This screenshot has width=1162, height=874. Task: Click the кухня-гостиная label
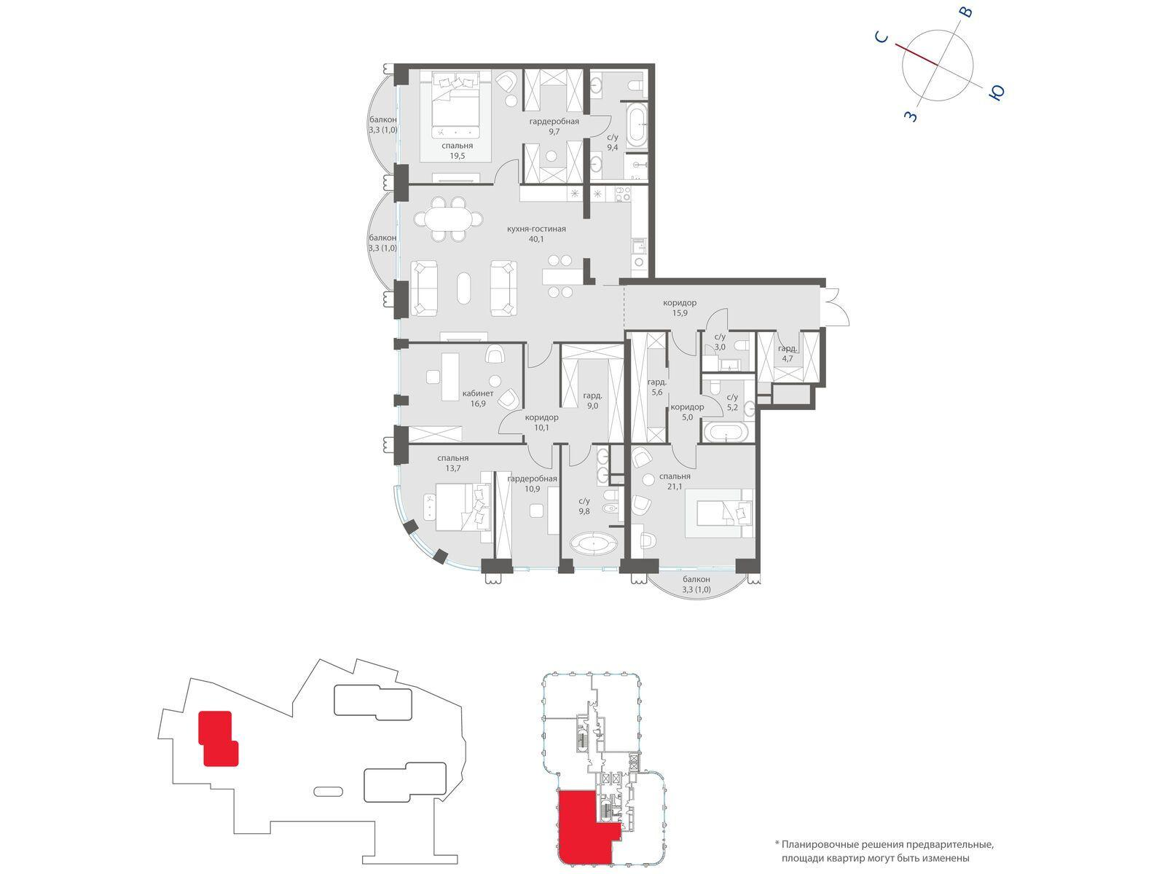point(535,229)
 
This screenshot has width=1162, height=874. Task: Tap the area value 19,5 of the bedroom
point(457,156)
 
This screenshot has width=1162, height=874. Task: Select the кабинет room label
point(477,393)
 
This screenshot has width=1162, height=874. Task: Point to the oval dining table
point(448,219)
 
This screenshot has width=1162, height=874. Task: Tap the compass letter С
point(881,37)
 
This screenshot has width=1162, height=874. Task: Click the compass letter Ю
point(996,93)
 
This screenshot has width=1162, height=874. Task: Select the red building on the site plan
point(218,739)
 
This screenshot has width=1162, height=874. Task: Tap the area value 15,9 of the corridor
point(679,312)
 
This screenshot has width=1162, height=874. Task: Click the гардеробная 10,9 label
point(532,484)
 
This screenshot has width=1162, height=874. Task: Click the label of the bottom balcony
point(696,584)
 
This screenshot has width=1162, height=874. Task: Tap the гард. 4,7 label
point(788,353)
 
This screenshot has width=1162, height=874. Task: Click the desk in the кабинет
point(450,377)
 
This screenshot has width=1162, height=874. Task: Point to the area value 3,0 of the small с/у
point(720,347)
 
